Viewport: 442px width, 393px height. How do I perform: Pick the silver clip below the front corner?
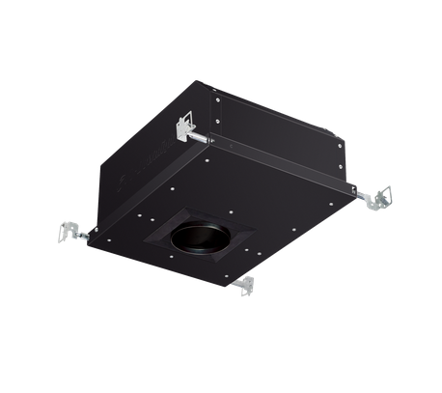pyautogui.click(x=247, y=285)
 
